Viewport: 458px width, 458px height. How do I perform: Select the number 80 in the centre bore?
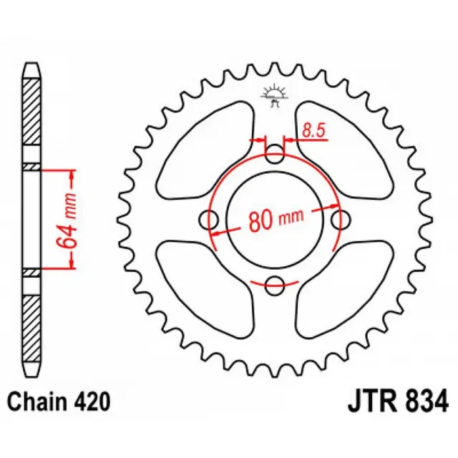click(x=259, y=220)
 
